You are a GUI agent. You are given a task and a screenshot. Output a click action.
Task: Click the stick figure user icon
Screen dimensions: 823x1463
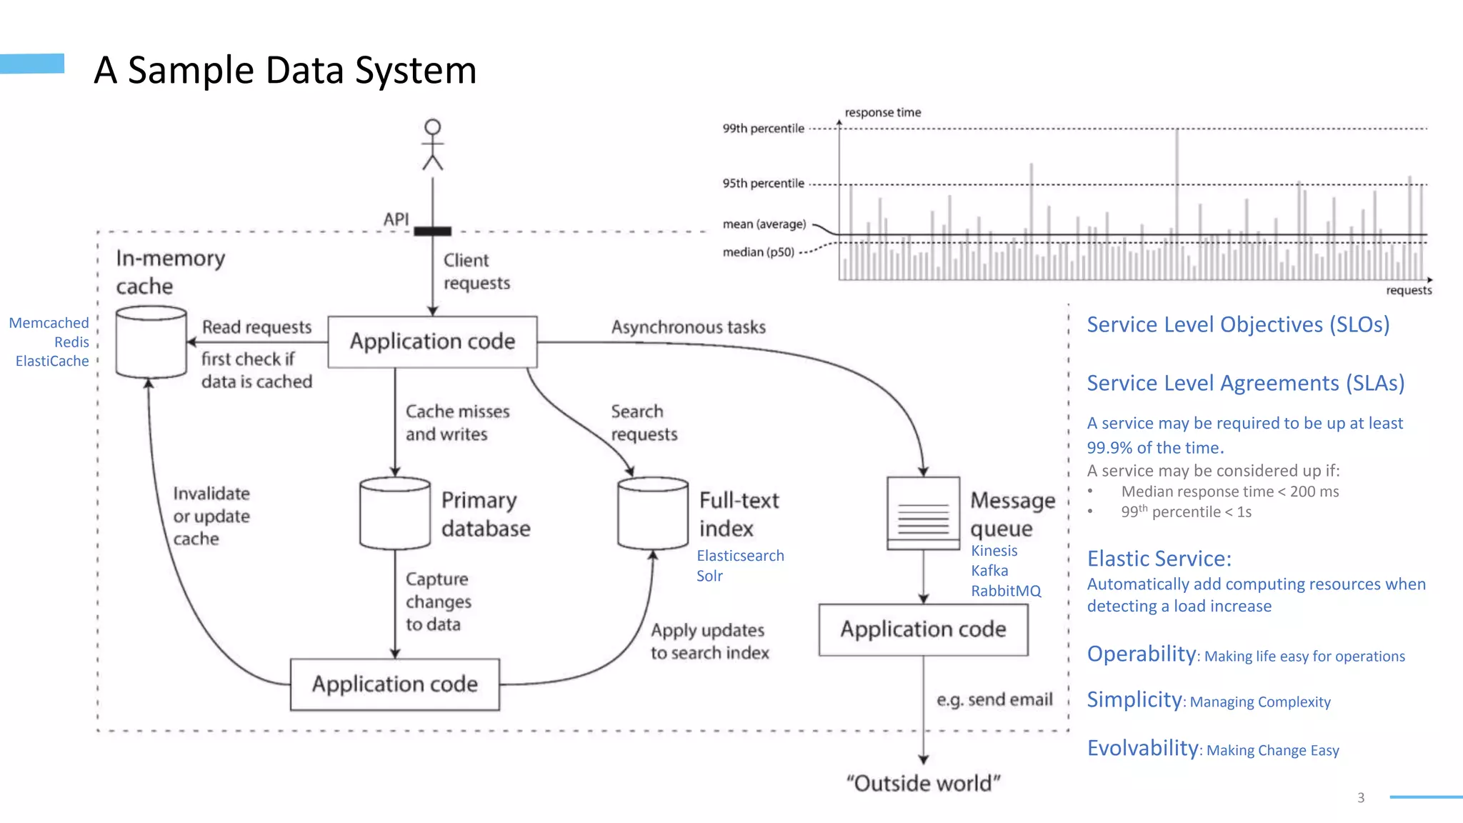pos(433,145)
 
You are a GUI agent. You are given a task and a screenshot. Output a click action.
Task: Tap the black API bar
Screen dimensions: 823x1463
pos(433,231)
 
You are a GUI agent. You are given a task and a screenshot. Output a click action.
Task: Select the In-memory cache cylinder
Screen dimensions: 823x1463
pos(151,342)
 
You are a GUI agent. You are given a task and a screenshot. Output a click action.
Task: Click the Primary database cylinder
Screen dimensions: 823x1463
pos(395,514)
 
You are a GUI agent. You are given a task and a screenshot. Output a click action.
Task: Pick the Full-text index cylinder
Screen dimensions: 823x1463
pos(653,514)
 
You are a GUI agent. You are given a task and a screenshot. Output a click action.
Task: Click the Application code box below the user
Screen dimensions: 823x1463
pos(432,341)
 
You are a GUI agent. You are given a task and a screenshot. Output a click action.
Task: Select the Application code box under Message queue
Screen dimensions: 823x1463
pos(923,629)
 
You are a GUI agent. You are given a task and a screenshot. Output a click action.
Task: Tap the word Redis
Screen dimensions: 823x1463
pos(71,342)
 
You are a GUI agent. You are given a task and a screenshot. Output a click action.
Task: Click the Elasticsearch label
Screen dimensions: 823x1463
pos(740,556)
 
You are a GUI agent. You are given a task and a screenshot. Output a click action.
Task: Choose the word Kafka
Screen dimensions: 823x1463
pos(989,571)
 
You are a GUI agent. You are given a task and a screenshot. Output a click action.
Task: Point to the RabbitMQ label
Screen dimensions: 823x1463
pos(1006,591)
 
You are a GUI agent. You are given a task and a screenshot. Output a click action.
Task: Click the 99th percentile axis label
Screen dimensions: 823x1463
pos(763,129)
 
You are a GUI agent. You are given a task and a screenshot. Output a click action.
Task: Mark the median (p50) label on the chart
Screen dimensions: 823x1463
pos(758,252)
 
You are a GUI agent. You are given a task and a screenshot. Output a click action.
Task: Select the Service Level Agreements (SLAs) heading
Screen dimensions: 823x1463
pos(1245,383)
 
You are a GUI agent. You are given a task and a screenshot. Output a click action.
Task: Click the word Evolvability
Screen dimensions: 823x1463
pos(1142,748)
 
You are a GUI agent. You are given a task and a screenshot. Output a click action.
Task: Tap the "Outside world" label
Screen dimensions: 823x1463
pos(923,784)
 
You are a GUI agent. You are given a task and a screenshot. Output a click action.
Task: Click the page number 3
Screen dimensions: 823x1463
pos(1361,797)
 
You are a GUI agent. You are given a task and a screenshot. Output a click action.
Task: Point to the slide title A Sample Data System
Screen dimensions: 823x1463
pos(285,70)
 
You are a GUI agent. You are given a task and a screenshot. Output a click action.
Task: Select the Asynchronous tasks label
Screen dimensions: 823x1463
pos(688,327)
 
